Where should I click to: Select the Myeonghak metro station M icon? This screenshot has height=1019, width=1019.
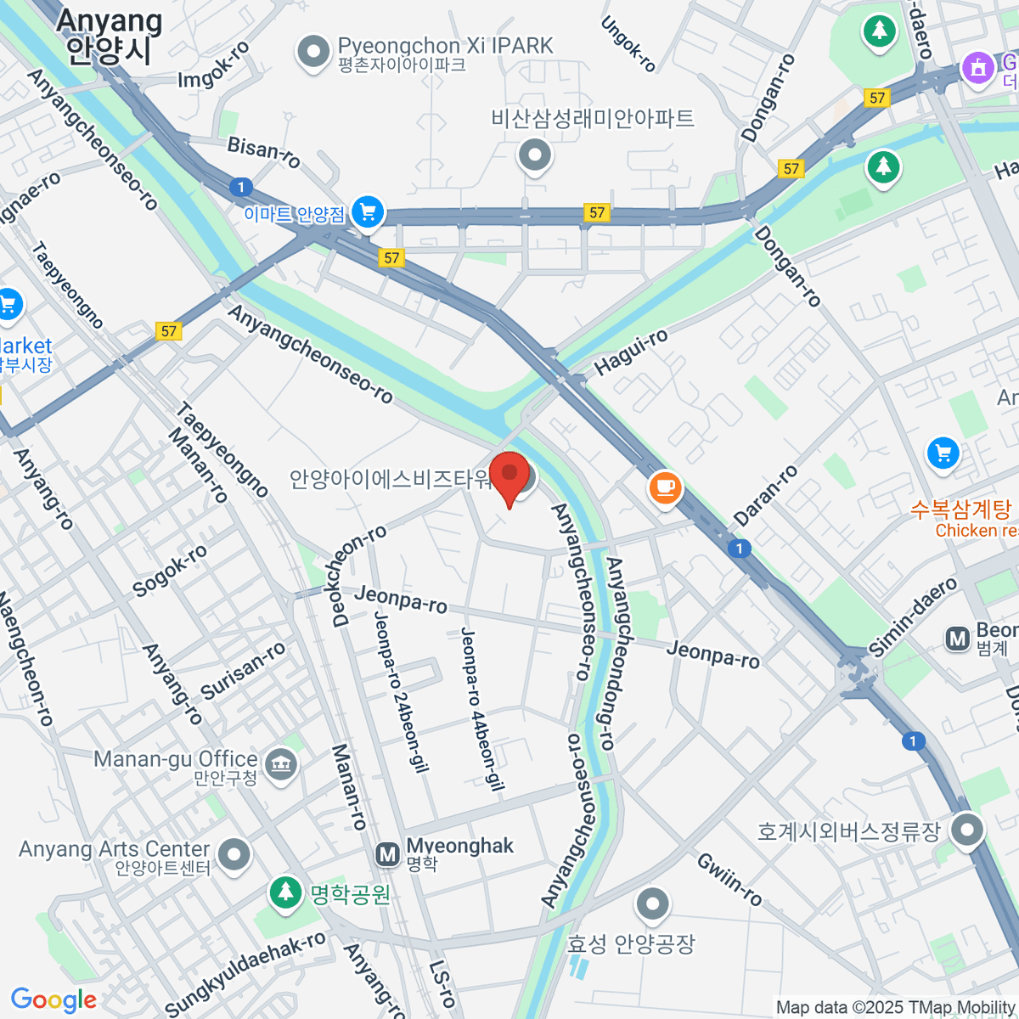[387, 853]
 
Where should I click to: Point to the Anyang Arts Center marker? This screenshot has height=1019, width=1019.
[234, 854]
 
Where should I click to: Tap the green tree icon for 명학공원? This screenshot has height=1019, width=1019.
[285, 892]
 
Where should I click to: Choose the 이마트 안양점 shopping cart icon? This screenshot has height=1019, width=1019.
[368, 212]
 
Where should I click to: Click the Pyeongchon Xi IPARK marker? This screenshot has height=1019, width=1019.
[313, 52]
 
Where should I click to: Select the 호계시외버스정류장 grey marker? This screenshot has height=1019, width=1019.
[967, 830]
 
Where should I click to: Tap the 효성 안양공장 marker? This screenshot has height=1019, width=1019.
[652, 905]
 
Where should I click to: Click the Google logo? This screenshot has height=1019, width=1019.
[53, 999]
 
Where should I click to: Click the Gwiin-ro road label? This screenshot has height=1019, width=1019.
[729, 879]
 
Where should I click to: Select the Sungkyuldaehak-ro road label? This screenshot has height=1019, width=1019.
[246, 973]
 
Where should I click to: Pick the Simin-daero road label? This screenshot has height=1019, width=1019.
[913, 617]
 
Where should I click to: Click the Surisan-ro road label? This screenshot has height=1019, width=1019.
[244, 670]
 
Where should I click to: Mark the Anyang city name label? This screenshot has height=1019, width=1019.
[109, 36]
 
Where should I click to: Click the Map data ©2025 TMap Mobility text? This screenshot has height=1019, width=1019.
[896, 1008]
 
